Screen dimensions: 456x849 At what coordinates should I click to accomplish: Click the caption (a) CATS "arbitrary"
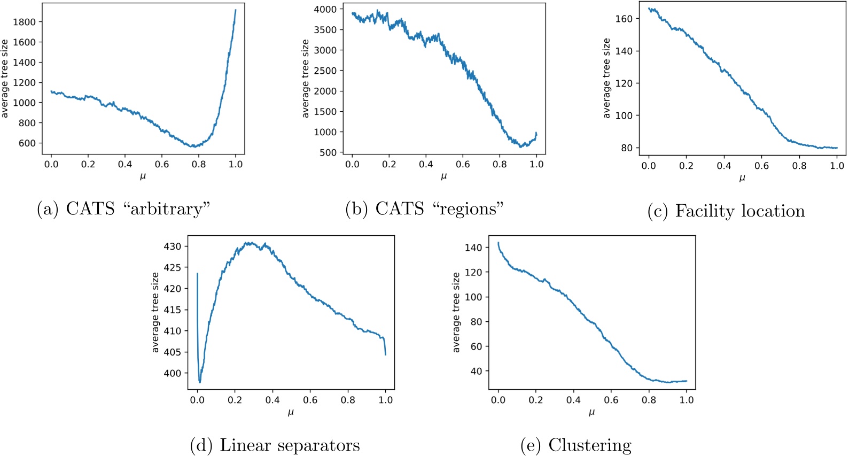(x=123, y=208)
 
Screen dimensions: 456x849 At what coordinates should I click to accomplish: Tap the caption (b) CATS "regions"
(x=425, y=208)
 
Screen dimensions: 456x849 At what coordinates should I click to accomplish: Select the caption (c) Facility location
(x=726, y=211)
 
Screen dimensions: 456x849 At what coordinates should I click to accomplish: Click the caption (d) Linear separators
(x=275, y=445)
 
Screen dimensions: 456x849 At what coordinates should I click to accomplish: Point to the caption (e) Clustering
(x=575, y=445)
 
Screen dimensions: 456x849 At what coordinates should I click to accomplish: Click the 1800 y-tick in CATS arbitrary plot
(x=25, y=22)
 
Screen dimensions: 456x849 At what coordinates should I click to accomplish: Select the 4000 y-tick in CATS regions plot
(x=325, y=9)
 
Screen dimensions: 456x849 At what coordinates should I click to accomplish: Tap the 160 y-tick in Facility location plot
(x=624, y=19)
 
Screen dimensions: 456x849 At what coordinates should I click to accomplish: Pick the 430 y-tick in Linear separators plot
(x=172, y=246)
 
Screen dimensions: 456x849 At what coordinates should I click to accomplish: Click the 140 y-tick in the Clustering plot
(x=473, y=248)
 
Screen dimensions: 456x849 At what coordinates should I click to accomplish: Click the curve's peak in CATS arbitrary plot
(x=236, y=10)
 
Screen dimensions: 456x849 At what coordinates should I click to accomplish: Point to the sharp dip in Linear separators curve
(x=200, y=382)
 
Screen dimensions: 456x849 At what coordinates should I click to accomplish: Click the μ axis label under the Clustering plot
(x=591, y=412)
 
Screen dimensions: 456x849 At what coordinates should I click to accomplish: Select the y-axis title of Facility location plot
(x=606, y=78)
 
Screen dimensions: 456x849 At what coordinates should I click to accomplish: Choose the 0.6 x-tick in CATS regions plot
(x=463, y=164)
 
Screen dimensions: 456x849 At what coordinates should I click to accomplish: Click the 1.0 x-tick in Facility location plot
(x=837, y=166)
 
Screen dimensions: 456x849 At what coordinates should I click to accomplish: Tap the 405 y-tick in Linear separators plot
(x=172, y=352)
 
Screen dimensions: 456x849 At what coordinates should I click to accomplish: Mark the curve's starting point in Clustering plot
(x=499, y=243)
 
